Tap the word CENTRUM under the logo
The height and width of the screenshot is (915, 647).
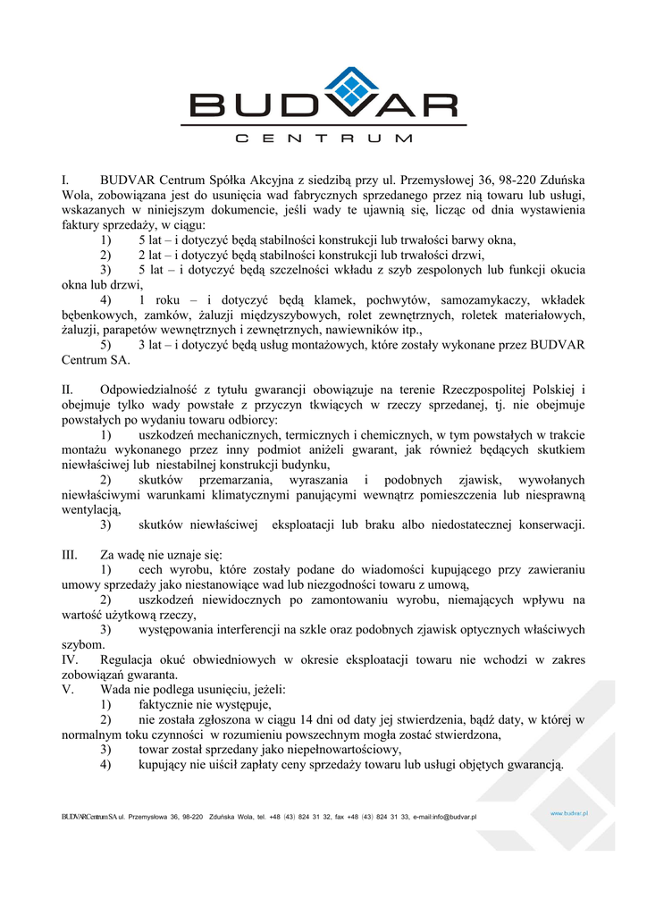coord(323,139)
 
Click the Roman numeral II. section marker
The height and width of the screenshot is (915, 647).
coord(67,390)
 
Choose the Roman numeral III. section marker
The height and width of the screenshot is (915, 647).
coord(70,555)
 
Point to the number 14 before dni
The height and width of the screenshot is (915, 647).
coord(313,720)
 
